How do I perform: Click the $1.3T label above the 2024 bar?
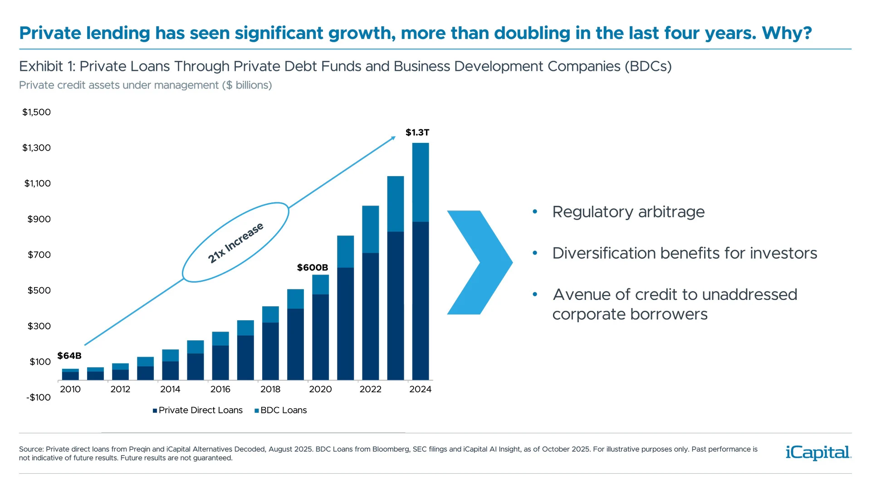(417, 132)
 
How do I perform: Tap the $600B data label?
(312, 268)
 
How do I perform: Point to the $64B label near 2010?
(69, 356)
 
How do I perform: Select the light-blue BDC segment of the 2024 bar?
(421, 182)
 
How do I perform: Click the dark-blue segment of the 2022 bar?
(371, 316)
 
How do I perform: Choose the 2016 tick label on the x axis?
(220, 389)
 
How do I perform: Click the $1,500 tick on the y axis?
(37, 112)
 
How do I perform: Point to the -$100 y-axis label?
(39, 397)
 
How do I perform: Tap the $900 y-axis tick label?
(39, 219)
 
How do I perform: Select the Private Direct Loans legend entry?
(198, 410)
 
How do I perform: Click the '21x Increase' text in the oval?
(235, 243)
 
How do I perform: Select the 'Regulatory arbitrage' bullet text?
(628, 212)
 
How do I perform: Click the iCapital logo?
(818, 452)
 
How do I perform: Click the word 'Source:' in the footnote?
(31, 449)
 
